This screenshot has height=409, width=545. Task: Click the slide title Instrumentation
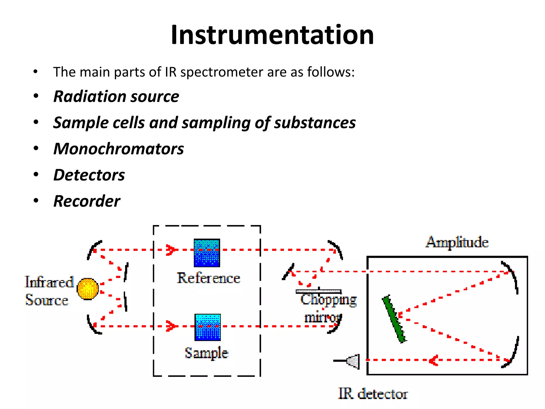(x=272, y=35)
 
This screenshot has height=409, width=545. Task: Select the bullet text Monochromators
(x=119, y=149)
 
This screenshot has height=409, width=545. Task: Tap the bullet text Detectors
(x=89, y=175)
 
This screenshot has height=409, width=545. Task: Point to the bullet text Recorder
(x=87, y=201)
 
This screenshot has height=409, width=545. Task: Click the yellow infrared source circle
(x=88, y=289)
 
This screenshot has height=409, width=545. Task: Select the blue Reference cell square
(x=207, y=253)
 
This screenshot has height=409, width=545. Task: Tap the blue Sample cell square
(x=208, y=327)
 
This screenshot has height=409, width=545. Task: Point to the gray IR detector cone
(x=354, y=361)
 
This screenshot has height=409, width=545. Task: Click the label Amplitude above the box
(x=457, y=242)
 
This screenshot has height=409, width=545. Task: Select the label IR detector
(x=373, y=394)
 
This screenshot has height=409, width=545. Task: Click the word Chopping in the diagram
(x=329, y=300)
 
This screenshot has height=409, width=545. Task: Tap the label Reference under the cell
(x=208, y=278)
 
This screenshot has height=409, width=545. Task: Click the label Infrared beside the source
(x=49, y=282)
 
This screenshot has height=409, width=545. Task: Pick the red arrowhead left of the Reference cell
(x=171, y=250)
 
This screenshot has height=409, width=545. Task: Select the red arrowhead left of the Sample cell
(x=171, y=326)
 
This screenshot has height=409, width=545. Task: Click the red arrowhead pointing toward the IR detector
(x=433, y=360)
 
